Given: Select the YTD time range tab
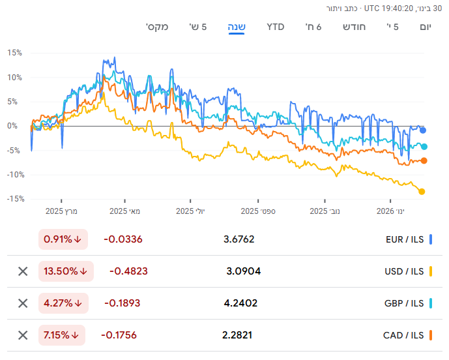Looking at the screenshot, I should pos(276,27).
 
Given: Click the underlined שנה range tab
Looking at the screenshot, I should pos(236,27).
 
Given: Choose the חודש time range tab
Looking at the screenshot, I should pos(355,27).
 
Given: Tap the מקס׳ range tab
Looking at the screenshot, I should pos(158,27).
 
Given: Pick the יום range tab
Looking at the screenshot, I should pos(426,27).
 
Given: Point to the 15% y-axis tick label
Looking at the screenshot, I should pos(15,53).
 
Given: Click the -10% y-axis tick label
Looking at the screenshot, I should pos(14,175).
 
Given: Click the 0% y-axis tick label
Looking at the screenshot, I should pos(17,126).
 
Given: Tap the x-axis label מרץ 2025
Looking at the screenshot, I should pos(61,211).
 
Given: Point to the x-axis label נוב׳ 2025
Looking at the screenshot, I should pos(324,211).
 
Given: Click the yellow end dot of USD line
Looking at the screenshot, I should pos(422,192).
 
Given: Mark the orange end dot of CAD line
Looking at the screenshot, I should pos(424,160).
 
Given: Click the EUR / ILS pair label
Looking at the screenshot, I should pos(405,239).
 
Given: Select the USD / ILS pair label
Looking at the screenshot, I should pos(404,271).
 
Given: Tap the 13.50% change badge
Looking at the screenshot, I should pos(66,271).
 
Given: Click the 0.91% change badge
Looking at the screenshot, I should pos(63,239).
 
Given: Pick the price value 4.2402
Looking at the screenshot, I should pos(240,303).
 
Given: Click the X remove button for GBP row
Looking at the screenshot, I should pos(23,303).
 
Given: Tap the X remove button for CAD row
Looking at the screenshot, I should pos(23,335).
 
